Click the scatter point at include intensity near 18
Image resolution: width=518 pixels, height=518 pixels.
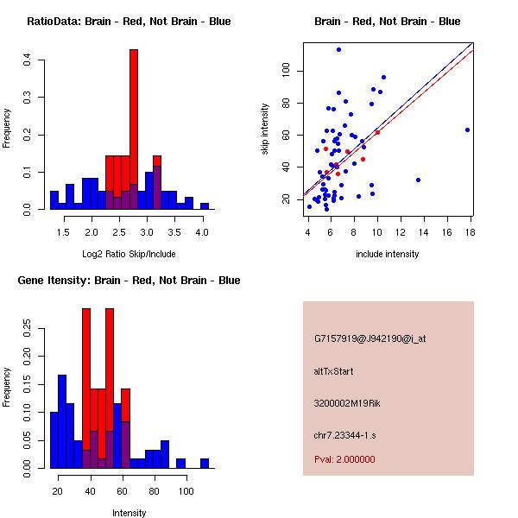click(467, 129)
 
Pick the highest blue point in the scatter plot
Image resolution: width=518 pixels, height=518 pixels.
click(338, 49)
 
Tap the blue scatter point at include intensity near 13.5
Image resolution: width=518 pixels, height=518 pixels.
click(418, 180)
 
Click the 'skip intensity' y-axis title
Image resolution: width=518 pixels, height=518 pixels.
click(265, 129)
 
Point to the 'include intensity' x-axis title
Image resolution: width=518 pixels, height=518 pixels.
click(388, 254)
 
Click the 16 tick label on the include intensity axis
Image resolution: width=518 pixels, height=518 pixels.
click(447, 231)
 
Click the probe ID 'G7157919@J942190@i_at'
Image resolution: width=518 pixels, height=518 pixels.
click(370, 338)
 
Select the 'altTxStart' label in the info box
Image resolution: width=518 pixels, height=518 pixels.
click(334, 371)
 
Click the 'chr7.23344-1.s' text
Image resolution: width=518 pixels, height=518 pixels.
click(345, 434)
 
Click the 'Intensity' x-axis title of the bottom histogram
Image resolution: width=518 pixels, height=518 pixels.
click(129, 513)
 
